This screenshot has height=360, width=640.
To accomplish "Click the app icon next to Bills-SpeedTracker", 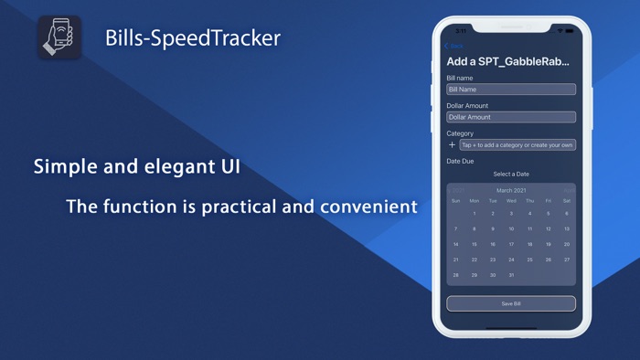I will [x=60, y=37].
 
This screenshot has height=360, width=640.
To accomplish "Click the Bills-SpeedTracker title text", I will [x=192, y=38].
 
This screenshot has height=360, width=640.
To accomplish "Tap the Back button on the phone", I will [x=453, y=46].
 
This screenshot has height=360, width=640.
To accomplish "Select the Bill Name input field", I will [x=511, y=90].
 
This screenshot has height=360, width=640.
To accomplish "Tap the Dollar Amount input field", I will [x=511, y=117].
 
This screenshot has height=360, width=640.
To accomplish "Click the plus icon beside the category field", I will [x=452, y=144].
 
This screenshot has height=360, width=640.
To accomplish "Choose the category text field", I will [x=517, y=144].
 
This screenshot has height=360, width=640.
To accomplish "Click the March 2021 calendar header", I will [x=511, y=190].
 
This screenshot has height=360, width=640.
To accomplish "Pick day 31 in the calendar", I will [x=511, y=275].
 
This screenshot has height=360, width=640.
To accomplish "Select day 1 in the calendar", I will [x=474, y=214].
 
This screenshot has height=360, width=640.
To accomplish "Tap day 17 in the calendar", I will [x=511, y=244].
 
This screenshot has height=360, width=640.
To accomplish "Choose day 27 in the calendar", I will [x=567, y=259].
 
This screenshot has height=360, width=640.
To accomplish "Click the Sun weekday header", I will [x=455, y=201].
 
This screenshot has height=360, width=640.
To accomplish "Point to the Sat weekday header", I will [x=567, y=201].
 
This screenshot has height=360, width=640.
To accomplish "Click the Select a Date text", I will [x=511, y=174].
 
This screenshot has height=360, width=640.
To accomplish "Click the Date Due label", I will [x=460, y=161].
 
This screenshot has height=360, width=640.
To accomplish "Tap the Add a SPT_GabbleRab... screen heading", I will [x=507, y=62].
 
